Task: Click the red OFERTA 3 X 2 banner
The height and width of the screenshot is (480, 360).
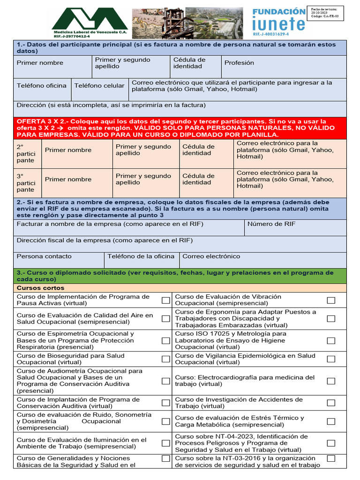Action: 180,127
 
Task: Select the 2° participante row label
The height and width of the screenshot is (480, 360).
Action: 26,153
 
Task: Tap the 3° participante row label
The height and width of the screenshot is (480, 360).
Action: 26,183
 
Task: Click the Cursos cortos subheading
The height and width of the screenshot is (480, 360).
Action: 41,288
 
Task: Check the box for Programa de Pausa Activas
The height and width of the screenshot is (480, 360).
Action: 165,300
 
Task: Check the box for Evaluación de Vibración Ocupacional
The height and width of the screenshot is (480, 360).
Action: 331,300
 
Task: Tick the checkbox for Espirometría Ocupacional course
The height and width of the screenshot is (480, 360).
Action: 165,341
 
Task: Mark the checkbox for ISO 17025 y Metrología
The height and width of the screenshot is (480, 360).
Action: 331,341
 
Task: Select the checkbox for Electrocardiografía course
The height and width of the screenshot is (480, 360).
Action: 331,381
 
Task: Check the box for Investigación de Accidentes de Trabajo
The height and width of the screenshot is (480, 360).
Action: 331,403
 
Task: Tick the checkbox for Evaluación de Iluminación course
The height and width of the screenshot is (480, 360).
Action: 165,443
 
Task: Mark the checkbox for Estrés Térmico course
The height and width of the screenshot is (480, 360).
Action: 331,421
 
